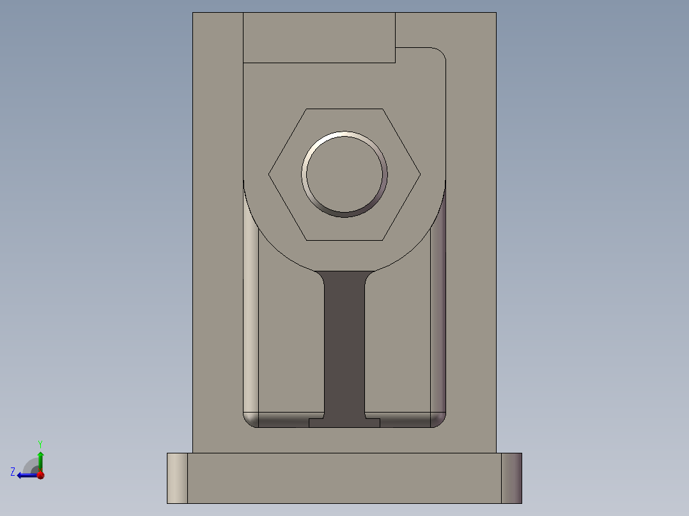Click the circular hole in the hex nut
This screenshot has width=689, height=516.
pyautogui.click(x=344, y=174)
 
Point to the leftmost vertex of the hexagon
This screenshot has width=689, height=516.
pyautogui.click(x=269, y=174)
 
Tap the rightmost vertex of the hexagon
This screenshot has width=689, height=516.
pyautogui.click(x=420, y=174)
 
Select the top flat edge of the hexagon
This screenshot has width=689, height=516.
pyautogui.click(x=344, y=109)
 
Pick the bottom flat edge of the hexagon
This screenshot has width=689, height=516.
pyautogui.click(x=344, y=240)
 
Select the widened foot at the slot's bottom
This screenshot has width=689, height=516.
pyautogui.click(x=344, y=423)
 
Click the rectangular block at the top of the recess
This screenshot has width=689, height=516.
pyautogui.click(x=319, y=38)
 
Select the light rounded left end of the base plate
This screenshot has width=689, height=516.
pyautogui.click(x=177, y=478)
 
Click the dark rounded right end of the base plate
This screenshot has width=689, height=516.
pyautogui.click(x=511, y=478)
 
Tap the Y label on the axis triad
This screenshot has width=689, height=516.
pyautogui.click(x=40, y=443)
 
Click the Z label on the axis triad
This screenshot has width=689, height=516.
pyautogui.click(x=13, y=471)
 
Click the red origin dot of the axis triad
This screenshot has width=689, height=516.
pyautogui.click(x=40, y=475)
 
